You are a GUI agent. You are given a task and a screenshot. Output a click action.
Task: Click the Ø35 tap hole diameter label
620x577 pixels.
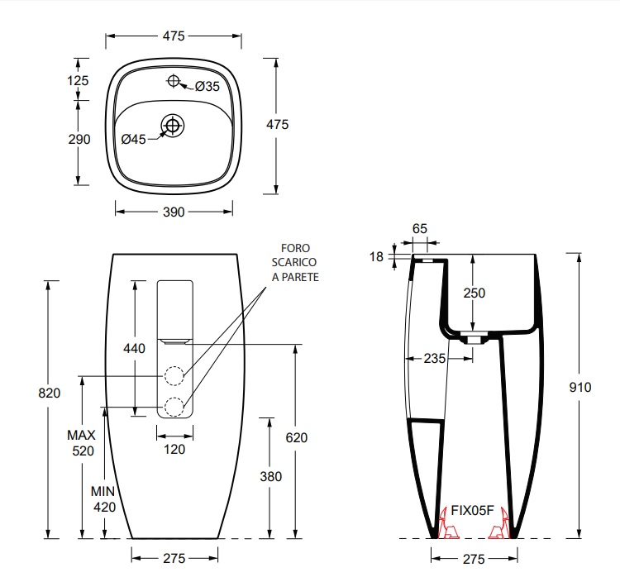click(x=207, y=86)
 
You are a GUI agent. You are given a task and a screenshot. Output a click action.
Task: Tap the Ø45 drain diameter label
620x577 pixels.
click(x=134, y=139)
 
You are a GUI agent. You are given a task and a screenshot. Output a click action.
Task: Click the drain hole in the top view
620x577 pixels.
click(x=173, y=126)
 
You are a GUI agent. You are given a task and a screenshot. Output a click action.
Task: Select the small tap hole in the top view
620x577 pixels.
click(x=174, y=81)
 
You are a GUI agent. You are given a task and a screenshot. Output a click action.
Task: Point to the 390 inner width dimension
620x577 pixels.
click(x=174, y=212)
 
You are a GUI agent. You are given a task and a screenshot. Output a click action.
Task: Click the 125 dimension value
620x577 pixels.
click(x=78, y=81)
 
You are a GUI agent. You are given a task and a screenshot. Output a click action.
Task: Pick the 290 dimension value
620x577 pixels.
click(x=79, y=139)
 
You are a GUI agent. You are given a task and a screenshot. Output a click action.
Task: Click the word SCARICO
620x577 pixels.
click(x=293, y=262)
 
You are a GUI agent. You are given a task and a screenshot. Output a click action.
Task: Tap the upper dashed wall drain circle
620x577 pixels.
click(x=174, y=375)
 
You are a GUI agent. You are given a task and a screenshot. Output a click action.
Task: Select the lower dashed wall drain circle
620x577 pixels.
click(x=174, y=406)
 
